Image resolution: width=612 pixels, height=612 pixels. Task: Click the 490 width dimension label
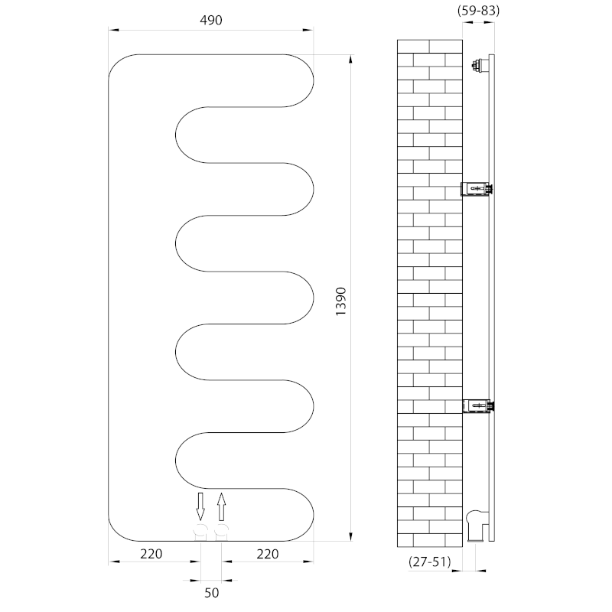point(211,20)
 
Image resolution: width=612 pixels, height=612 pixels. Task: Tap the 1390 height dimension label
point(340,301)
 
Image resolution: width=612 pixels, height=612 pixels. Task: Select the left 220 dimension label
point(151,553)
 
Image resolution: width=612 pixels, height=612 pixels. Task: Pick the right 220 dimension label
point(267,553)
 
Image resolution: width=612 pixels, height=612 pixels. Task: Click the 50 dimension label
point(212,593)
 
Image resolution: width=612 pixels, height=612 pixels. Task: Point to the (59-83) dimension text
point(479,10)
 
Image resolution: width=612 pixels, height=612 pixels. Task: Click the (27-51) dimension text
point(430,562)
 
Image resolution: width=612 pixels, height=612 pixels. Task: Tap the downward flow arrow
point(200,506)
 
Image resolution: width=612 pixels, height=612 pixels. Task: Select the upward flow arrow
point(221,506)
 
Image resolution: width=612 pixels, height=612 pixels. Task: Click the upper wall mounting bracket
point(477,189)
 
